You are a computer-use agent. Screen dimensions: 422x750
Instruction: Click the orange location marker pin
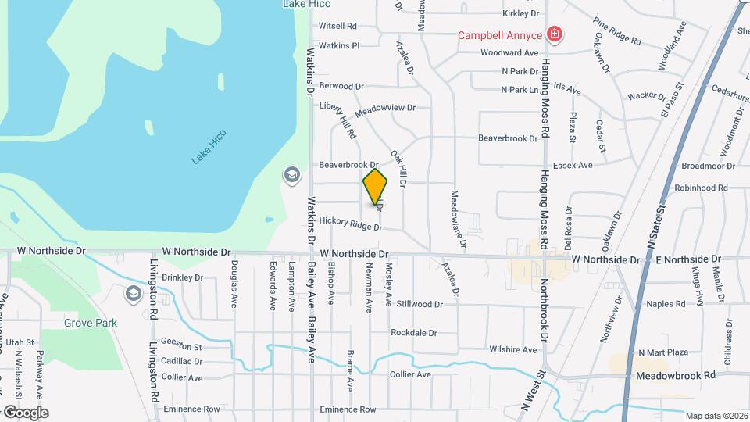(375, 187)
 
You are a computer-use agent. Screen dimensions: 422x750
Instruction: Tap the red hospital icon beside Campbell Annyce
(555, 34)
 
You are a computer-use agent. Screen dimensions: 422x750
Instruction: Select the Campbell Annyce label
(499, 35)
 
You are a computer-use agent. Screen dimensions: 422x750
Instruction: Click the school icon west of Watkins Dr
(292, 174)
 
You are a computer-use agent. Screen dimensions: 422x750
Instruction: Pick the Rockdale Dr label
(413, 333)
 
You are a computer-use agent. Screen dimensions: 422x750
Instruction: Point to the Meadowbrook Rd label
(676, 375)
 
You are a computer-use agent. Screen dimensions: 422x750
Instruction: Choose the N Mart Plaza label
(662, 353)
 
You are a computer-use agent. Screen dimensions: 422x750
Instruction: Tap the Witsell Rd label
(337, 26)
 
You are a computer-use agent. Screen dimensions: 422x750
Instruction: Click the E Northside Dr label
(687, 259)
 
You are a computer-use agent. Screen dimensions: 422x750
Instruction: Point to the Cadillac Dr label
(182, 362)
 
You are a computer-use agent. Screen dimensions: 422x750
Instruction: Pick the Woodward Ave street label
(509, 53)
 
